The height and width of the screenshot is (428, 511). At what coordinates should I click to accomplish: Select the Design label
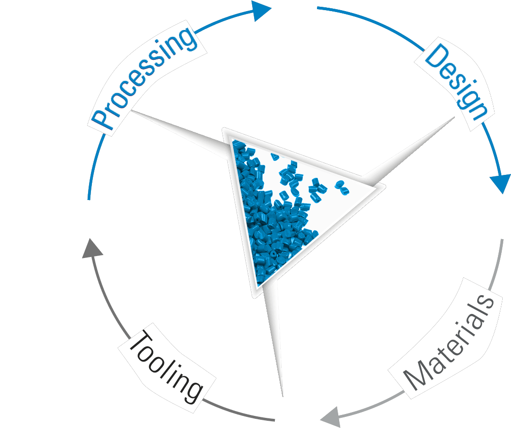455,82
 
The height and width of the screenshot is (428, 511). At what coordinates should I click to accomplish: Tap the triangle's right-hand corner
384,185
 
